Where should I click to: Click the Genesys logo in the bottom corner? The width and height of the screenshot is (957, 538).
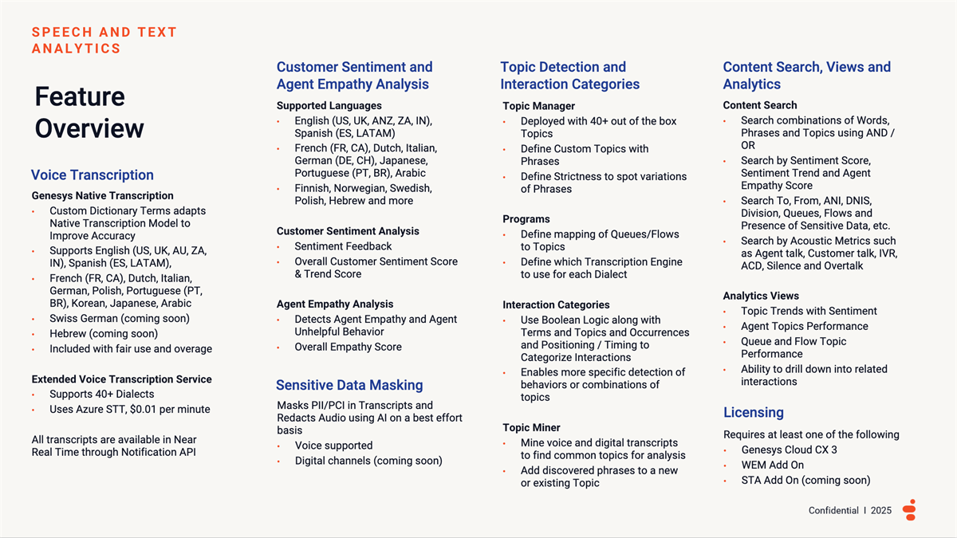pyautogui.click(x=910, y=510)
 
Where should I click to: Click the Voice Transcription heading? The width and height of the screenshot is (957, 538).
pyautogui.click(x=92, y=175)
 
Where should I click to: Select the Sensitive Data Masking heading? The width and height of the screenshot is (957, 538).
pyautogui.click(x=349, y=385)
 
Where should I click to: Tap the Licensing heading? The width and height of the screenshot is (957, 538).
pyautogui.click(x=753, y=412)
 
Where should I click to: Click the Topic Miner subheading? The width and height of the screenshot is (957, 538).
pyautogui.click(x=531, y=428)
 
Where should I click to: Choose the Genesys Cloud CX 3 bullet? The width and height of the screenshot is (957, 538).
pyautogui.click(x=789, y=450)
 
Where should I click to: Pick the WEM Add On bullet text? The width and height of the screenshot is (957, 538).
pyautogui.click(x=772, y=465)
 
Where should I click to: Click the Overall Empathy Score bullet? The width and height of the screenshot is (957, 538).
pyautogui.click(x=348, y=347)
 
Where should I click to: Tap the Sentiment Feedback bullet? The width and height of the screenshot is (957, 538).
pyautogui.click(x=343, y=246)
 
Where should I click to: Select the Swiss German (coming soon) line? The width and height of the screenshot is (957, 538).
pyautogui.click(x=120, y=318)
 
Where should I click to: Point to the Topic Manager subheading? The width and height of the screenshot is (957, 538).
pyautogui.click(x=538, y=106)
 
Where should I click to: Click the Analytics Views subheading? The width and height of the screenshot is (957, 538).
pyautogui.click(x=761, y=296)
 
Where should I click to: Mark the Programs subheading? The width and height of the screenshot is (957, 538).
pyautogui.click(x=526, y=219)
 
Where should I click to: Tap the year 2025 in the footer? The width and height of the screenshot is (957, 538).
pyautogui.click(x=881, y=510)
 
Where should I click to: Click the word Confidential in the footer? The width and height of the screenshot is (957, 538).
pyautogui.click(x=833, y=510)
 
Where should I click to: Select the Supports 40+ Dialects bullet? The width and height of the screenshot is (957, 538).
pyautogui.click(x=102, y=394)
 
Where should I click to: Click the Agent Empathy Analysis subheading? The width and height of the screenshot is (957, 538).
pyautogui.click(x=335, y=304)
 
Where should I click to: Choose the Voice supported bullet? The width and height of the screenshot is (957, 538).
pyautogui.click(x=333, y=446)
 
